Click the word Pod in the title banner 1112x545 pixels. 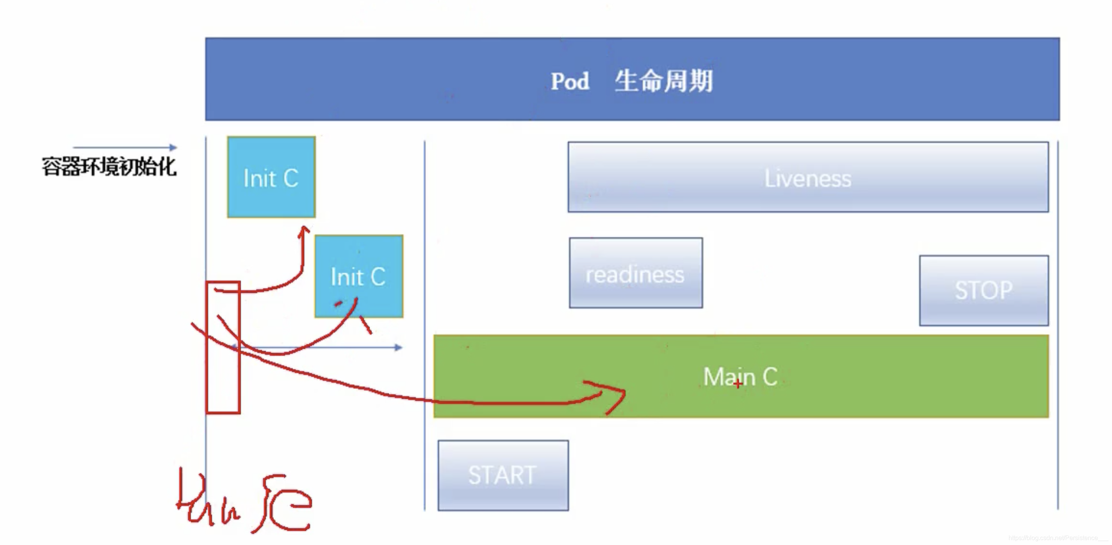[569, 81]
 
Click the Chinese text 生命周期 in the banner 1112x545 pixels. [663, 81]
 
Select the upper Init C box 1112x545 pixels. [271, 177]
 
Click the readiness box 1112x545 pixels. [635, 273]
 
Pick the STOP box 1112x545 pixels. [984, 290]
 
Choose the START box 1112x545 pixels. [503, 475]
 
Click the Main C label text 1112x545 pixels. [740, 376]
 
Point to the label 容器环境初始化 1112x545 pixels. [109, 167]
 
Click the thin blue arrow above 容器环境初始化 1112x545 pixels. [125, 147]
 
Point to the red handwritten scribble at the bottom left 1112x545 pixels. [244, 501]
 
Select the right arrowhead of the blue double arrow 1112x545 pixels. [398, 347]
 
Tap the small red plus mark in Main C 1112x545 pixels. [738, 384]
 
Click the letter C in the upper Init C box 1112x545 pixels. [290, 178]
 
